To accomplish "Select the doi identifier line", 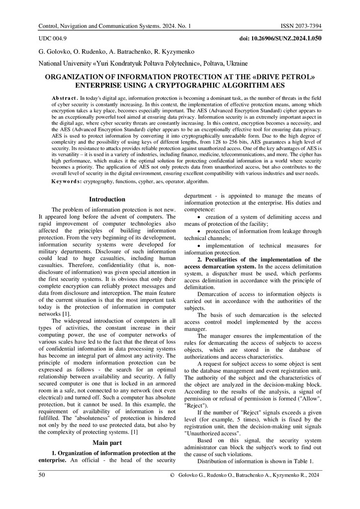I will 280,38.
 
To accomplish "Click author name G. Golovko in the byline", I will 53,51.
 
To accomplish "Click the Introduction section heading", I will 107,199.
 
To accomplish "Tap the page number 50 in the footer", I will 42,476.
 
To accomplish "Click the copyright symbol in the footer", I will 172,476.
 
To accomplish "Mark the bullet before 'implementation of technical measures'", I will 199,246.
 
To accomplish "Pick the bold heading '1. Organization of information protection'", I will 114,453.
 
